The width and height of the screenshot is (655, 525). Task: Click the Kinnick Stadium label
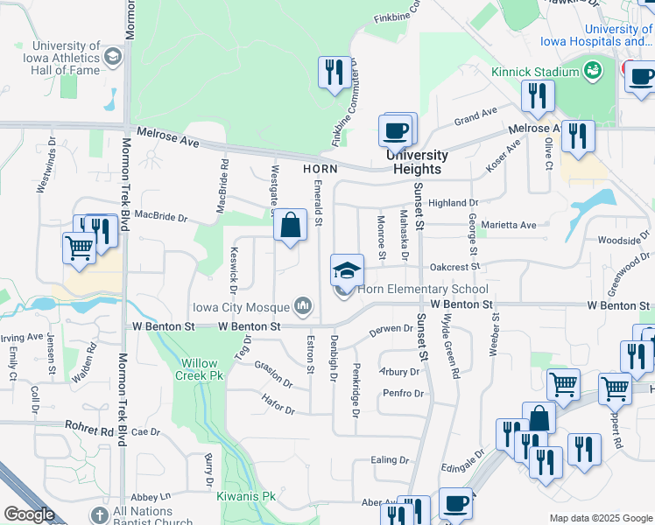click(x=535, y=71)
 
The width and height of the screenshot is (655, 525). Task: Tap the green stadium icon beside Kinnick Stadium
click(x=593, y=70)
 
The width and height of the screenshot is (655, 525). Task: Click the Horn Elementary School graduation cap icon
click(x=347, y=270)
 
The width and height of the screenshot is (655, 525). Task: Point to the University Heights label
click(x=418, y=162)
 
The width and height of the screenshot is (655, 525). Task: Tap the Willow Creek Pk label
click(x=206, y=369)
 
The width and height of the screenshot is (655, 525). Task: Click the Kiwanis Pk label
click(x=246, y=496)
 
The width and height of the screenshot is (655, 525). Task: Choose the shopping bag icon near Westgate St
click(x=290, y=226)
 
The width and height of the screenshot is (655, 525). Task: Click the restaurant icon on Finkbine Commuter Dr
click(x=334, y=73)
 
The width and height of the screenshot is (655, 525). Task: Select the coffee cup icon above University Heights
click(x=395, y=131)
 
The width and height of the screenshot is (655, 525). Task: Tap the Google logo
click(x=29, y=514)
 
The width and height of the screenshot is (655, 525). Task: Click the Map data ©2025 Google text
click(x=601, y=518)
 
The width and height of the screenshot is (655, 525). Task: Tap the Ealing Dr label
click(x=390, y=460)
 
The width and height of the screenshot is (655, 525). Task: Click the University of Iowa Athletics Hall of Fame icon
click(x=113, y=57)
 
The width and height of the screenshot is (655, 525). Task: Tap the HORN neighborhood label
click(x=320, y=168)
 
